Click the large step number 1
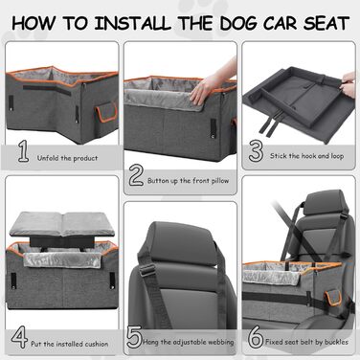click(x=23, y=151)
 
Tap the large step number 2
click(x=136, y=176)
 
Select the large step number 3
click(x=256, y=151)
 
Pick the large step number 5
click(x=134, y=337)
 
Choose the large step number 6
click(x=256, y=337)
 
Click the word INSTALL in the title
click(x=132, y=23)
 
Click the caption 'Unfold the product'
click(x=67, y=158)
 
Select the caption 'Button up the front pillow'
click(x=188, y=181)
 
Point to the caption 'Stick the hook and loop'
click(x=306, y=156)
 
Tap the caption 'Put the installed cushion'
click(x=69, y=344)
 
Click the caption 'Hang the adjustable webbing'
click(x=189, y=342)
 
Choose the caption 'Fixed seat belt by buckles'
click(x=306, y=342)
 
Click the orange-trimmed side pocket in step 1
click(x=106, y=112)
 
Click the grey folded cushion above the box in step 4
click(x=61, y=223)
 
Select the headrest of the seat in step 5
click(x=182, y=243)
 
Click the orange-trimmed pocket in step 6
click(x=332, y=298)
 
